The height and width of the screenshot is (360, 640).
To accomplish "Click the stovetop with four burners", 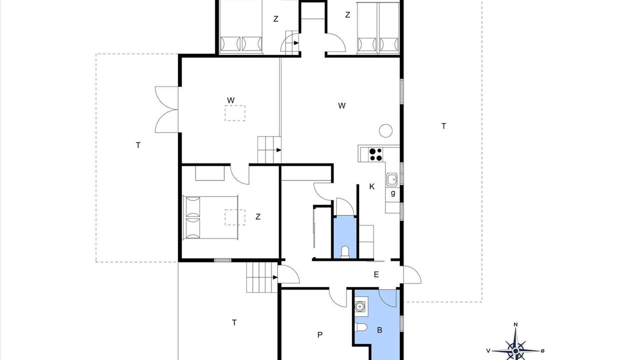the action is [375, 154].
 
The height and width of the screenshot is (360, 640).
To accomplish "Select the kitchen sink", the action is [392, 179].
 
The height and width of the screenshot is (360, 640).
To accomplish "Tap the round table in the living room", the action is [385, 130].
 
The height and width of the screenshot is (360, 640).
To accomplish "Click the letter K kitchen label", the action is [371, 187].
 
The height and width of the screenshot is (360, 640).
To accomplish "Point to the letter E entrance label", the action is [376, 274].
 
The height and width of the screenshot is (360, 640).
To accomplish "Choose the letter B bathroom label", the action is [379, 330].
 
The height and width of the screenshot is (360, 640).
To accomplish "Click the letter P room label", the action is [320, 334].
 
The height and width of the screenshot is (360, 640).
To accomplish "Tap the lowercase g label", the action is [393, 193].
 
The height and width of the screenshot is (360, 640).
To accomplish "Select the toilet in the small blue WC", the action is [345, 252].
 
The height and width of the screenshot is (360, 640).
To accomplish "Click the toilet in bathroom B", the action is [361, 327].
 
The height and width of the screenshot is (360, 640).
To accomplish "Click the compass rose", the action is [515, 350].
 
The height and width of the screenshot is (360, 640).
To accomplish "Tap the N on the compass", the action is [515, 324].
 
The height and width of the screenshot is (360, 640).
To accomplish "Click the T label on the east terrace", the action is [443, 126].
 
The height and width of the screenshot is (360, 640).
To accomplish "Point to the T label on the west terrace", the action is [138, 145].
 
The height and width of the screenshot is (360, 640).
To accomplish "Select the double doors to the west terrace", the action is [167, 109].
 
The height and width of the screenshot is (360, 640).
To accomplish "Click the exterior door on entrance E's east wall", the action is [412, 274].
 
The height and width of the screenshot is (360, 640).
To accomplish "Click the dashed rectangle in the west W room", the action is [235, 113].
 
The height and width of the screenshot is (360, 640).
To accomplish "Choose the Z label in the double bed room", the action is [257, 217].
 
